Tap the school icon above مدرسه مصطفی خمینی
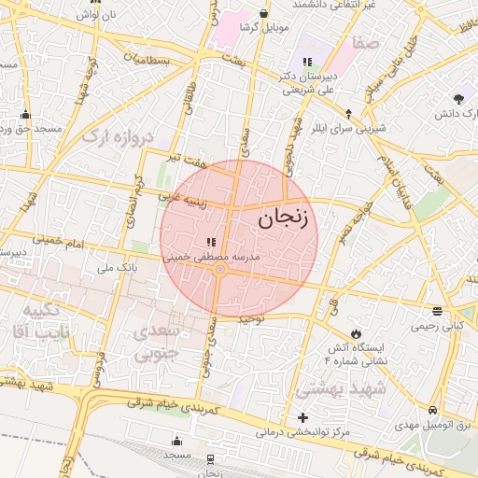210,241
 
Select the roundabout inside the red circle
220,270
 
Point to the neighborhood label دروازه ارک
116,137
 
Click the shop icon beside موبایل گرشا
266,13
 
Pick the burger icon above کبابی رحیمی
438,311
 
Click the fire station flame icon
356,333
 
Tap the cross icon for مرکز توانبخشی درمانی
302,417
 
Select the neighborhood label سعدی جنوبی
155,344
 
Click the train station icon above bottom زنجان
210,458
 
